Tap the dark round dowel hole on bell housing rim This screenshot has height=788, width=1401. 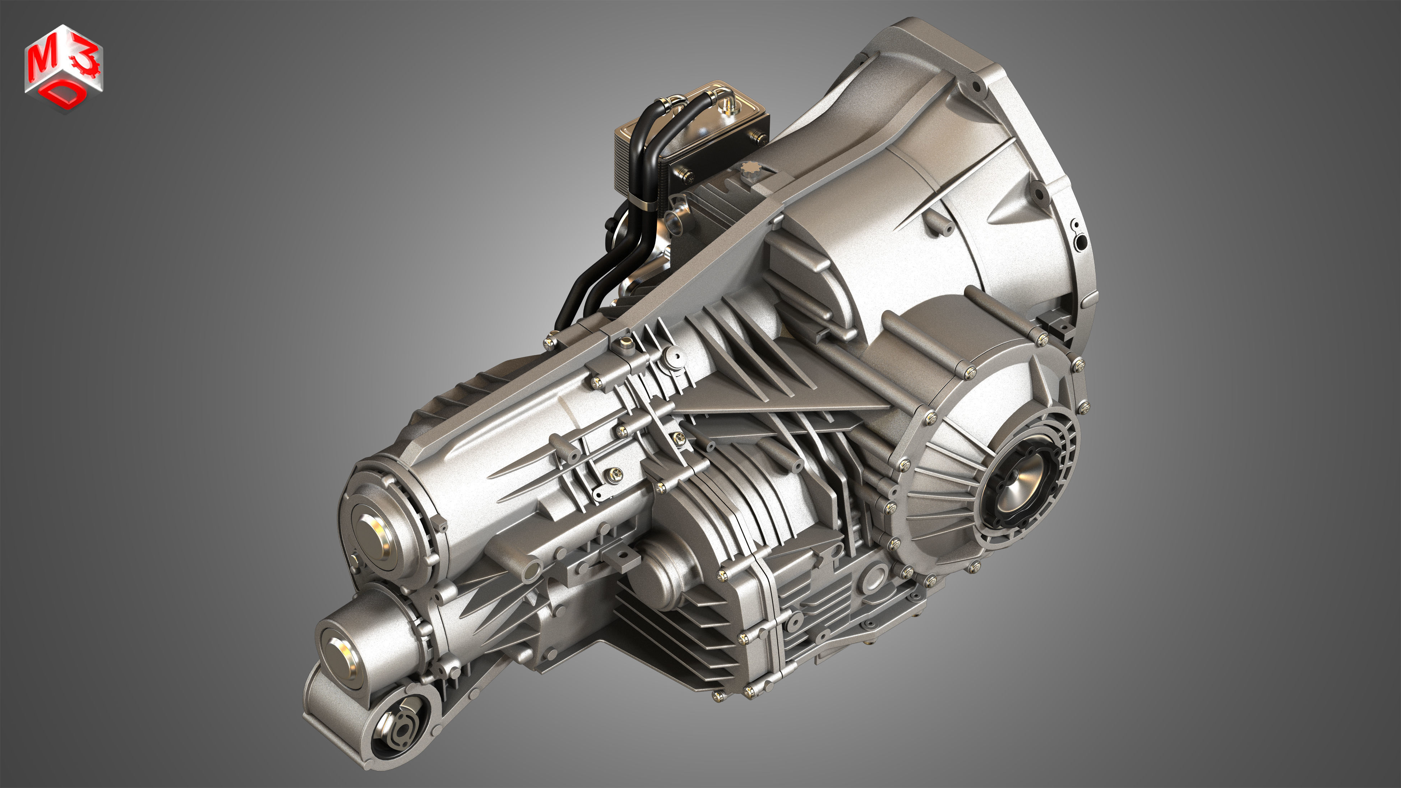[1081, 241]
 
